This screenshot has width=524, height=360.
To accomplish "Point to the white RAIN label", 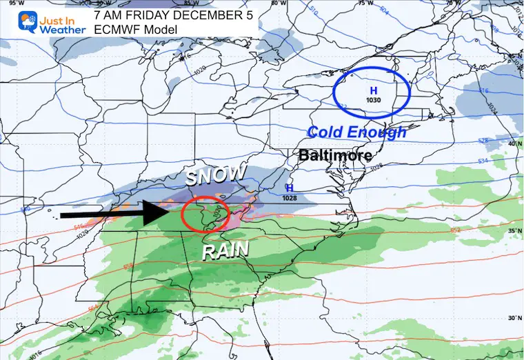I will (x=225, y=252).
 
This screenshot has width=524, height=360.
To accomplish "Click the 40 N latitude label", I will (x=513, y=143).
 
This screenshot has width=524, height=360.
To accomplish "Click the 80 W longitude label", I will (x=279, y=3).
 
